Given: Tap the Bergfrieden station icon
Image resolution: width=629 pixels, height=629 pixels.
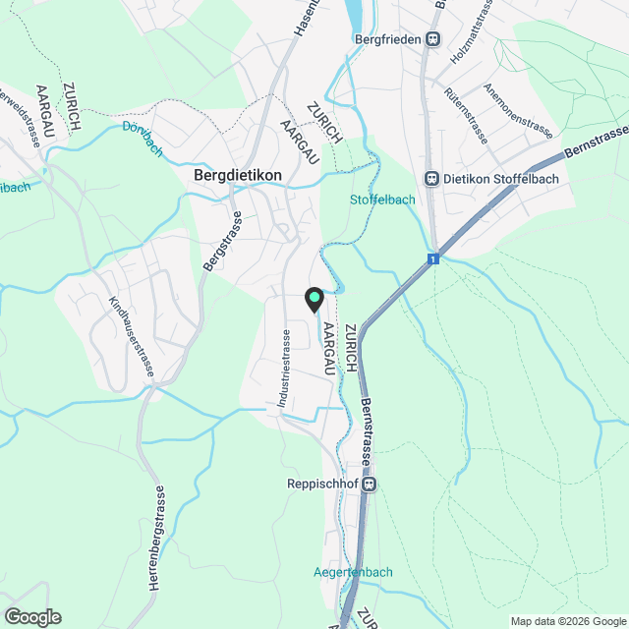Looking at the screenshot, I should point(432,39).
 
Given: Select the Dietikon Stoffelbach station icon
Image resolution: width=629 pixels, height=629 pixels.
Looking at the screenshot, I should point(430,179).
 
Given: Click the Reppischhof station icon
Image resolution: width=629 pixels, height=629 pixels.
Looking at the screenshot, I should point(370,484).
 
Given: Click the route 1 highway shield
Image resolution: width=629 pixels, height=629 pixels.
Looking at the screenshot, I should point(431,259).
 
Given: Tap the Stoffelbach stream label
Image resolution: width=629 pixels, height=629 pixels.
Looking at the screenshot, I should point(383,200).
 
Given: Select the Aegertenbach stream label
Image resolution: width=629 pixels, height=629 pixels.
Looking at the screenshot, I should point(353,572).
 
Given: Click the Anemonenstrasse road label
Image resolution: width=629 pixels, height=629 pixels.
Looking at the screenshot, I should point(519,110).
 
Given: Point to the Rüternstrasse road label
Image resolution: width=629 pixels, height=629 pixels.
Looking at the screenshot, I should point(467,116).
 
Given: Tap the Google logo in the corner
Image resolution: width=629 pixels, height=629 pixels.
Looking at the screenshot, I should point(32,617).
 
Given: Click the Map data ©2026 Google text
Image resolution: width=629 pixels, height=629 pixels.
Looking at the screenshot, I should point(568,621).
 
